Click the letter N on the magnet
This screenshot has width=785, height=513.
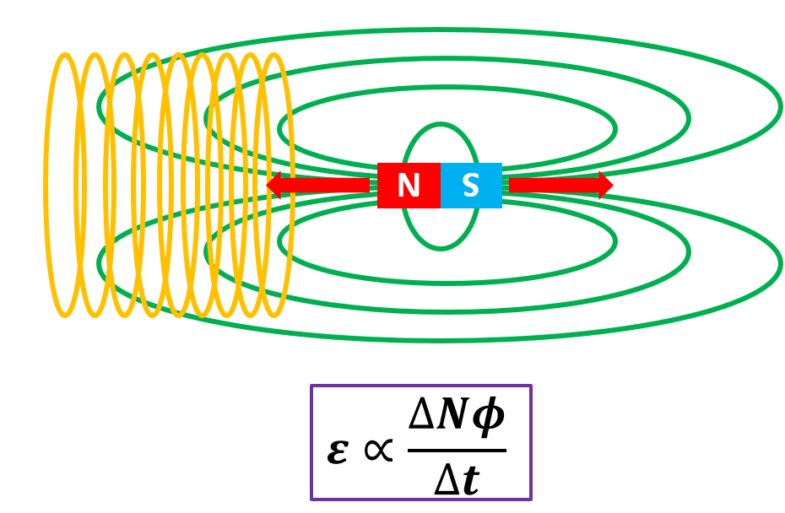[x=409, y=186]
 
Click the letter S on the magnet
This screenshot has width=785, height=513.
[x=471, y=186]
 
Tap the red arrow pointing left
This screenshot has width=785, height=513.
[x=321, y=185]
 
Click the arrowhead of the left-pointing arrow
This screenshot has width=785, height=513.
[x=275, y=185]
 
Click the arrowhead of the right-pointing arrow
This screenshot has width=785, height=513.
[x=604, y=185]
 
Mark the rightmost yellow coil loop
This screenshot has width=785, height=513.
[x=291, y=186]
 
